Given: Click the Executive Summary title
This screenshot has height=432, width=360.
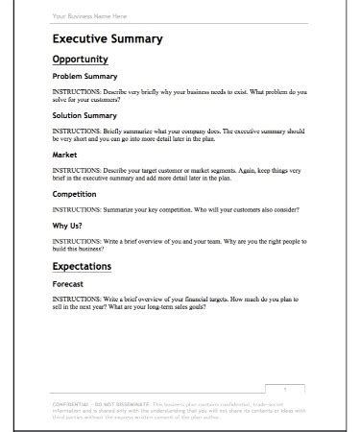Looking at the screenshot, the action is click(107, 39).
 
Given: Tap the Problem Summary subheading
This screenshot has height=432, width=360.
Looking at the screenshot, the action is click(84, 76).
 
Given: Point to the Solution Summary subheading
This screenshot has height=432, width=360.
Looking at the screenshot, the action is click(84, 115).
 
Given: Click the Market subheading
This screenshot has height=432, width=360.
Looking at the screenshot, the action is click(64, 154).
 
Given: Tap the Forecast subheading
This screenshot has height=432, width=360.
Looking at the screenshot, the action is click(68, 284).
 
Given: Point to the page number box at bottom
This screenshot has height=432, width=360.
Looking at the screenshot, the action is click(285, 388).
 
